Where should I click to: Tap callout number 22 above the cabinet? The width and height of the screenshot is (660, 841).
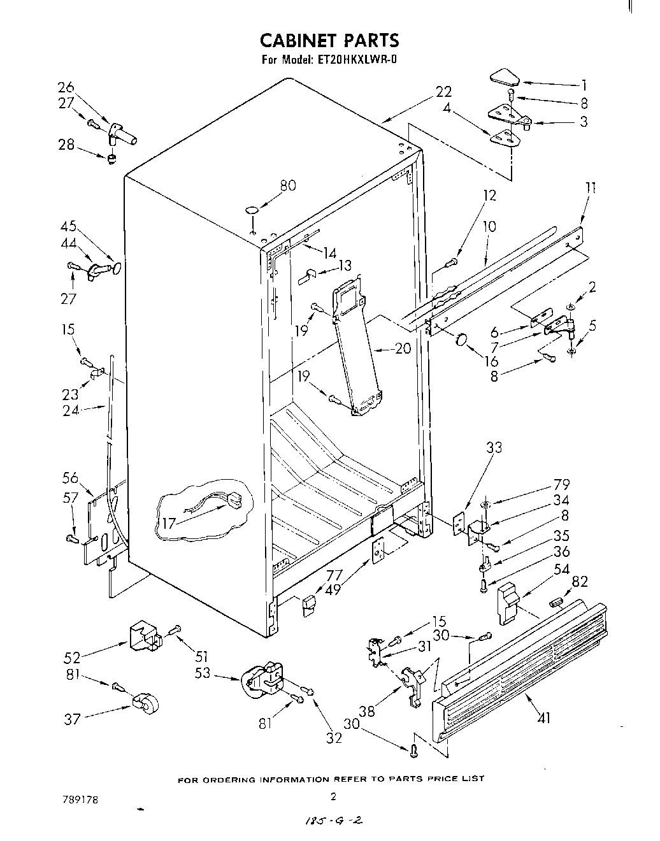tap(443, 92)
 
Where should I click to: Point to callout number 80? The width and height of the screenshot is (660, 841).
tap(289, 185)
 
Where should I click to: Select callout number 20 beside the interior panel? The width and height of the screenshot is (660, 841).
tap(403, 349)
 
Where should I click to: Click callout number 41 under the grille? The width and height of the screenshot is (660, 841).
tap(543, 718)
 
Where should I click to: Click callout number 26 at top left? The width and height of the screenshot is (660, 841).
tap(66, 87)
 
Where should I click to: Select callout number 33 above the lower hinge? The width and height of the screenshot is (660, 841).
tap(494, 447)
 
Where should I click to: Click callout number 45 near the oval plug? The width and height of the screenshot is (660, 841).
tap(68, 226)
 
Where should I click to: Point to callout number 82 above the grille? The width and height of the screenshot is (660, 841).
tap(580, 580)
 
